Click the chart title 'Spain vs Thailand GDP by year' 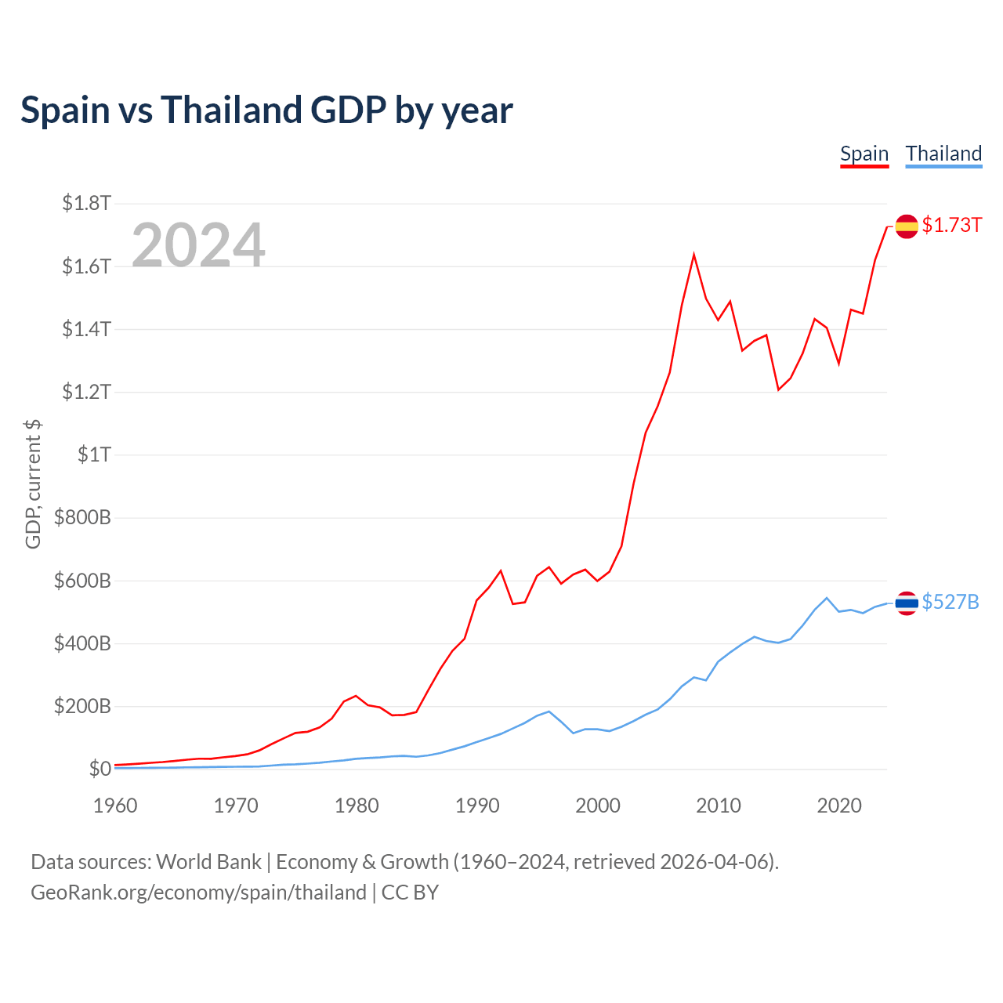click(x=266, y=110)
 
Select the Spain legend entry click(x=864, y=154)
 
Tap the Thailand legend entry click(x=943, y=154)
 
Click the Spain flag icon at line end click(x=907, y=226)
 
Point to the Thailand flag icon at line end click(x=907, y=603)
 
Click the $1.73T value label click(x=951, y=226)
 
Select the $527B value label click(x=950, y=602)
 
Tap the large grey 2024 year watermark click(x=198, y=246)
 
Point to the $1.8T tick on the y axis click(x=86, y=204)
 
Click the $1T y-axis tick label click(x=94, y=454)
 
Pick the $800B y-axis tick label click(x=82, y=518)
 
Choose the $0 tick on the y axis click(x=100, y=769)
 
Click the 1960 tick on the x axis click(x=115, y=806)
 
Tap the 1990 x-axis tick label click(x=477, y=806)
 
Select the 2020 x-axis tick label click(x=839, y=806)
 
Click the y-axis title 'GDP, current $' click(x=33, y=484)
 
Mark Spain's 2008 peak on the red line click(x=693, y=255)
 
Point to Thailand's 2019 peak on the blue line click(x=827, y=598)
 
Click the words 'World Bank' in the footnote click(x=208, y=862)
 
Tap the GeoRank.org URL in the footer click(x=198, y=893)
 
